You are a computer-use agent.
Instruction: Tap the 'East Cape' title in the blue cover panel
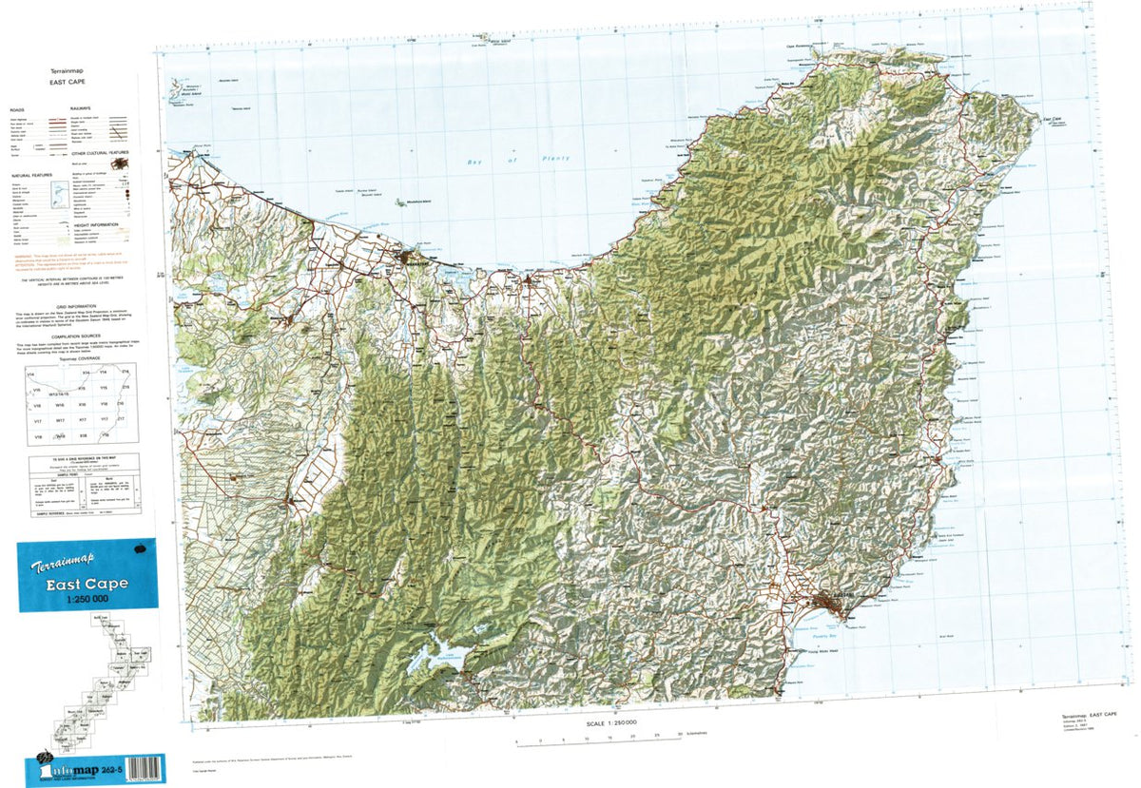click(x=87, y=584)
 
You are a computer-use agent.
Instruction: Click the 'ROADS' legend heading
click(x=17, y=109)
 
